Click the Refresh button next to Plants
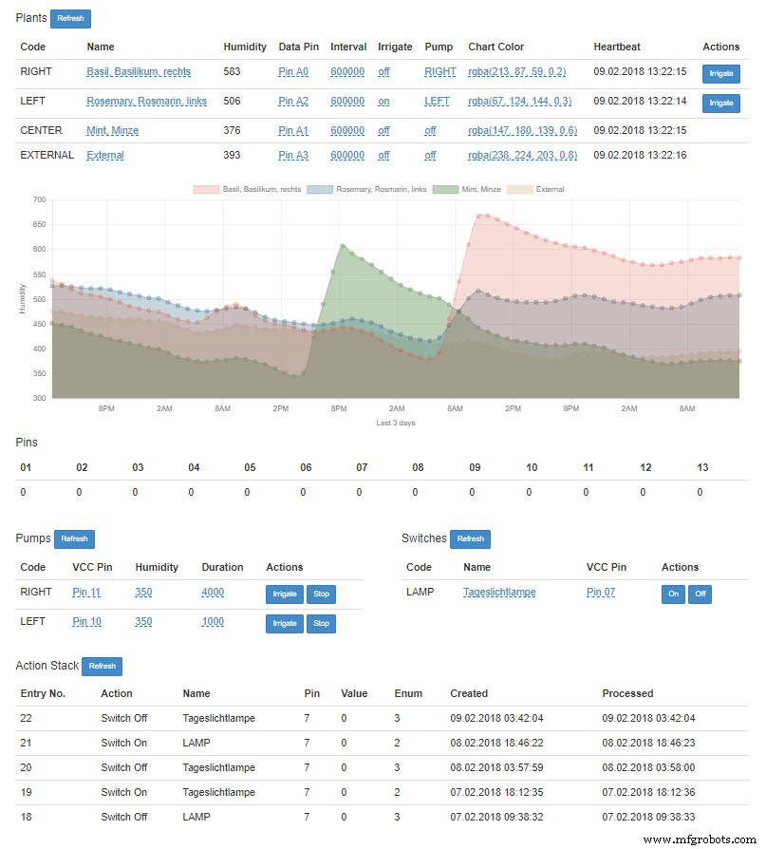point(70,18)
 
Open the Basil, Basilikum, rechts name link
point(145,71)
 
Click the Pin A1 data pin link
point(293,130)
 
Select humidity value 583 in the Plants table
point(232,71)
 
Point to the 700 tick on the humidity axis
point(39,199)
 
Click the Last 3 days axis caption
point(395,423)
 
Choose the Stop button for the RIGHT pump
point(321,594)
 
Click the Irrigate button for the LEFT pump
point(284,623)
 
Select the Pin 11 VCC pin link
point(86,593)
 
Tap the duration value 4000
point(213,593)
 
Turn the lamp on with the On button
point(672,594)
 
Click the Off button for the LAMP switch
point(700,594)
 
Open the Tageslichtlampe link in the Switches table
point(499,593)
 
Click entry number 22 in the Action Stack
point(26,718)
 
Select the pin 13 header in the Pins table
point(702,467)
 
